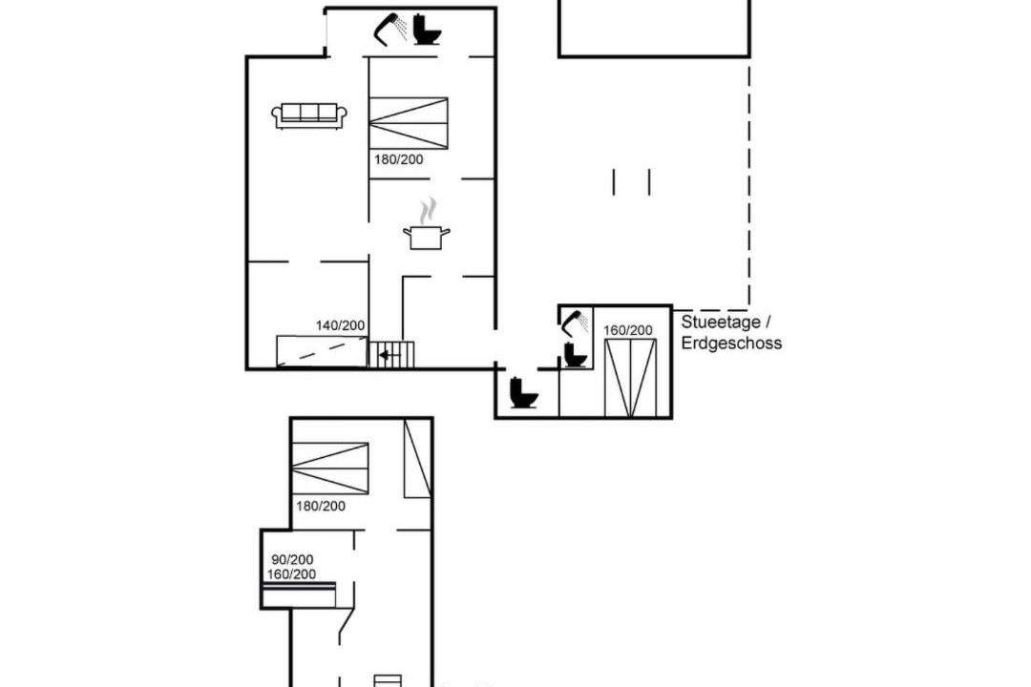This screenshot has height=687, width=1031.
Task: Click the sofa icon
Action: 309,115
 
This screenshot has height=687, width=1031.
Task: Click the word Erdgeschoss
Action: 731,343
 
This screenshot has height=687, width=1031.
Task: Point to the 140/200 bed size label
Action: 340,325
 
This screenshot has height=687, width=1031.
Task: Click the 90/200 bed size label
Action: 292,559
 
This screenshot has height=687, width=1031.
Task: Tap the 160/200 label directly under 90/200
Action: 291,573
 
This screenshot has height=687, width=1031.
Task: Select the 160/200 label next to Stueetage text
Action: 628,330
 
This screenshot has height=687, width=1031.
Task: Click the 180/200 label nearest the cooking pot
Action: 398,159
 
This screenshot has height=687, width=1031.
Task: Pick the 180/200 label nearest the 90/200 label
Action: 320,506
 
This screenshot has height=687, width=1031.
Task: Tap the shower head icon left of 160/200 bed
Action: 576,323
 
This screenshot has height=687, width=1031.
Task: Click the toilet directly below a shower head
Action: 576,355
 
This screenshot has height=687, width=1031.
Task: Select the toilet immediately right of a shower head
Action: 427,30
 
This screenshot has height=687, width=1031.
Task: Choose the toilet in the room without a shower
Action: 524,392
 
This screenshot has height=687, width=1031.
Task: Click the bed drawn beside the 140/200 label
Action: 322,351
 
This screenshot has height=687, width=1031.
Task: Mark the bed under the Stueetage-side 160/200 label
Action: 631,378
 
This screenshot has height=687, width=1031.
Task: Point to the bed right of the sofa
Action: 409,124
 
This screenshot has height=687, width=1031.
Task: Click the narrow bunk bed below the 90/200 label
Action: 299,594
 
